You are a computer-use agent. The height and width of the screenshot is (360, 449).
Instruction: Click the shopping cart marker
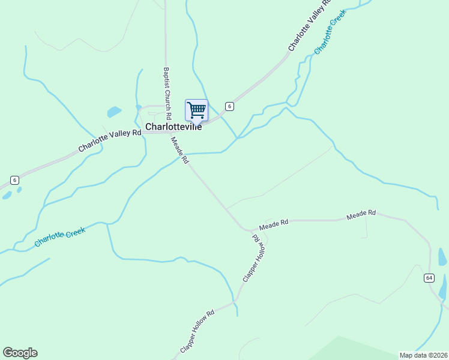point(196,110)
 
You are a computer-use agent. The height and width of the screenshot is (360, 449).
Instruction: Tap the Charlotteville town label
point(174,127)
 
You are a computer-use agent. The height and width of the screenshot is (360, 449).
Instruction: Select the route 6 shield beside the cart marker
point(229,106)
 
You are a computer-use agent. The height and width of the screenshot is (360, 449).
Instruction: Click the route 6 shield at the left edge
point(14,180)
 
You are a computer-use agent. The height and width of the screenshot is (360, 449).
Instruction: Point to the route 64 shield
point(429,277)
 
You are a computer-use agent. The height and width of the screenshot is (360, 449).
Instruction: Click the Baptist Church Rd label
point(167,92)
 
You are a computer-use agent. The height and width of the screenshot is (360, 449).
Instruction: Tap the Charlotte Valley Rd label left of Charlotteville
point(109,140)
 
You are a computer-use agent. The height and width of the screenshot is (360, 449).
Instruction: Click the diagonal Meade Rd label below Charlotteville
point(180,151)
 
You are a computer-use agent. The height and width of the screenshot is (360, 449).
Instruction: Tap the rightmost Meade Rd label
point(361,214)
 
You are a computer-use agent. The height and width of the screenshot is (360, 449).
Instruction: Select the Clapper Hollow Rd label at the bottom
point(197,332)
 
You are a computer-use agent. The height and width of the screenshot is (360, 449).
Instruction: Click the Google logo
point(20,353)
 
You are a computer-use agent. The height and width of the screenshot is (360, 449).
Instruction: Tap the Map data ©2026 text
point(423,355)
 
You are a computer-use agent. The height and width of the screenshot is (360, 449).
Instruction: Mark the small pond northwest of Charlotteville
point(114,112)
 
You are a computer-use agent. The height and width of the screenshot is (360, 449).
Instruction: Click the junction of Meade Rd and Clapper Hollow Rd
point(249,230)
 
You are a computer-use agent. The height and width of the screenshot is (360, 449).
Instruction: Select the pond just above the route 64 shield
point(442,257)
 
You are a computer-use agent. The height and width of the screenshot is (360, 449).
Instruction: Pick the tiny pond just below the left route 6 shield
point(7,195)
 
